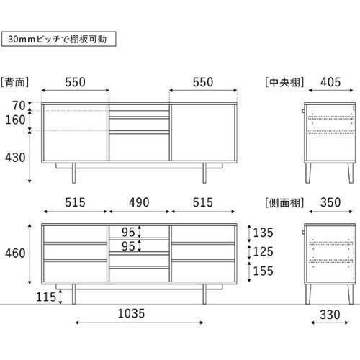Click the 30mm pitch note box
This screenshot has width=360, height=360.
(x=58, y=39)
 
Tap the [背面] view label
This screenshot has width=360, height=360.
(x=14, y=82)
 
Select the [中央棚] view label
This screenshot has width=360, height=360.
(x=284, y=82)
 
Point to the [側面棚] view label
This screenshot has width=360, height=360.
(x=284, y=203)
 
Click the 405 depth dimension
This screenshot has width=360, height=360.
(x=330, y=82)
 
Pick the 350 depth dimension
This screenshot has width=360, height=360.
(x=330, y=202)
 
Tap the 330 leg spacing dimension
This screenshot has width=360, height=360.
(x=330, y=315)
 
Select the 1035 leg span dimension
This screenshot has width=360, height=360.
(x=131, y=313)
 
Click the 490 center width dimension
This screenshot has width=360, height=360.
(x=139, y=202)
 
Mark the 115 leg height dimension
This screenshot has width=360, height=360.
(x=45, y=297)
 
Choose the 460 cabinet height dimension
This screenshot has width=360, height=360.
(x=15, y=253)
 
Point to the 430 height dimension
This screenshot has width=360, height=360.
(x=15, y=158)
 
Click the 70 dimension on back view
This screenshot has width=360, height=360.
(x=19, y=106)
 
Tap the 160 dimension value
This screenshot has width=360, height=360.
(x=15, y=120)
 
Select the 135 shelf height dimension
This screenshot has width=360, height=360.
(x=263, y=233)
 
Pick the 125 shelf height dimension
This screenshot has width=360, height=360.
(x=263, y=251)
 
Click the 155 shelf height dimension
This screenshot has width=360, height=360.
(x=263, y=271)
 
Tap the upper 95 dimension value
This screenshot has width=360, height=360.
(x=128, y=232)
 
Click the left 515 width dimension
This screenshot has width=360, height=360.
(x=75, y=202)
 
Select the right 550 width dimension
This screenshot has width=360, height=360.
(x=203, y=82)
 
